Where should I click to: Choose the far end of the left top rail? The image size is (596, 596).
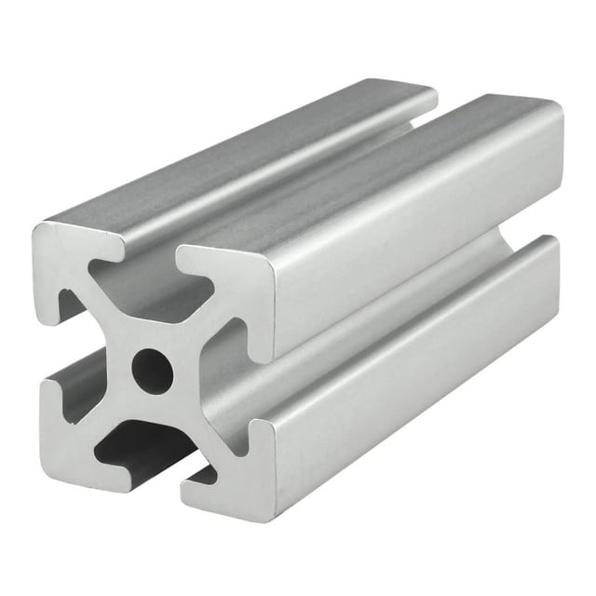click(424, 93)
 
